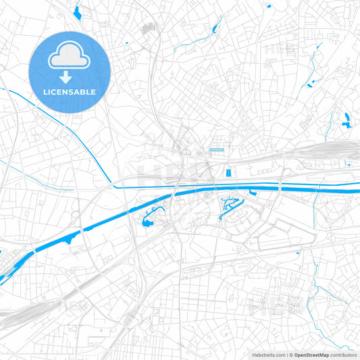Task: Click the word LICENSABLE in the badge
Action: (70, 92)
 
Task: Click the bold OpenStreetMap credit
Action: (311, 354)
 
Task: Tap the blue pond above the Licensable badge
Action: (77, 11)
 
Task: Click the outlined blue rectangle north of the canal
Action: (216, 149)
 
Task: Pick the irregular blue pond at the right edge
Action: (347, 121)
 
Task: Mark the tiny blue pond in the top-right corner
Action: (269, 6)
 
